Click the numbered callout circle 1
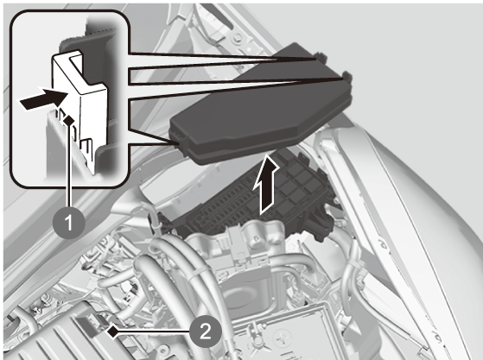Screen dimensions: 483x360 (69, 222)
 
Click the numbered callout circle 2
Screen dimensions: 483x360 (206, 332)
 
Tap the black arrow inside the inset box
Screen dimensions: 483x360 (43, 98)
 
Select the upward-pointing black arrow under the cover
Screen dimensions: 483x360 (266, 184)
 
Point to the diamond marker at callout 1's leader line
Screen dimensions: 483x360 (69, 120)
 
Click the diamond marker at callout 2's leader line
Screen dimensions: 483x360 (112, 332)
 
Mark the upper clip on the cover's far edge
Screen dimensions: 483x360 (321, 57)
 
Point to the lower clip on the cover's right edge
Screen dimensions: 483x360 (347, 76)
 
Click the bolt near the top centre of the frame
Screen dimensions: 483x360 (238, 39)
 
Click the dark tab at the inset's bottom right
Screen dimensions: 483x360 (107, 154)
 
